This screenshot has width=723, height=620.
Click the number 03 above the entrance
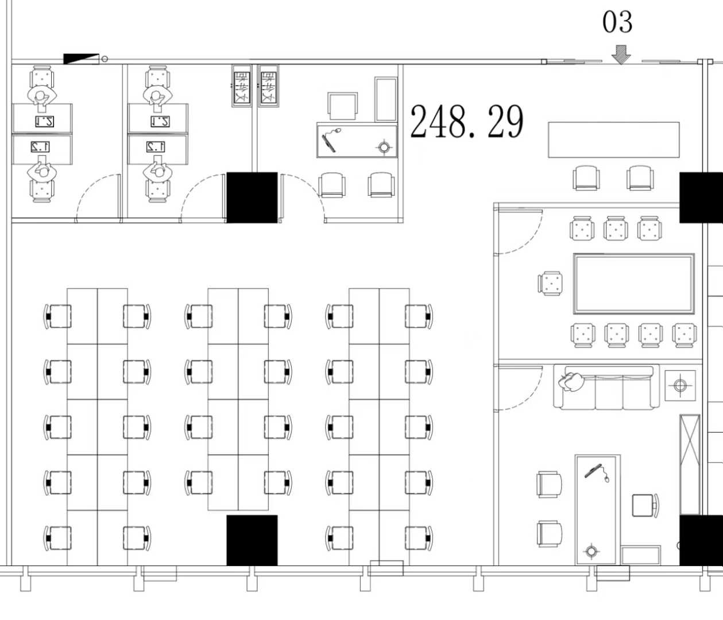pyautogui.click(x=617, y=22)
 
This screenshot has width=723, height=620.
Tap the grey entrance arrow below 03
pyautogui.click(x=621, y=55)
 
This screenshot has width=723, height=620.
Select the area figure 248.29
pyautogui.click(x=466, y=122)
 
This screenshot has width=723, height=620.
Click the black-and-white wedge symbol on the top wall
pyautogui.click(x=81, y=59)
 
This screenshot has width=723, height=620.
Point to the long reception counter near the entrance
pyautogui.click(x=613, y=139)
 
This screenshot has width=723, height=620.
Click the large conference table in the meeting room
pyautogui.click(x=633, y=284)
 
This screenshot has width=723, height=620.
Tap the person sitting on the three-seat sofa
pyautogui.click(x=571, y=381)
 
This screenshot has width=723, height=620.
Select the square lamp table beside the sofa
pyautogui.click(x=680, y=385)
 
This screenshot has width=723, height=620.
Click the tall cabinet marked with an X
pyautogui.click(x=690, y=464)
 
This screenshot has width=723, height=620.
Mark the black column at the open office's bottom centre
pyautogui.click(x=252, y=540)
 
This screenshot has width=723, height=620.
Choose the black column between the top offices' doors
pyautogui.click(x=252, y=197)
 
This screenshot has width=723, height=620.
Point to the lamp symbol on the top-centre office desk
pyautogui.click(x=384, y=148)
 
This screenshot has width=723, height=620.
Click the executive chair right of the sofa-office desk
pyautogui.click(x=644, y=505)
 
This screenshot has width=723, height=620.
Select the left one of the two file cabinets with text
pyautogui.click(x=242, y=86)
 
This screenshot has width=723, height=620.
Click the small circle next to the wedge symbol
pyautogui.click(x=105, y=59)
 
